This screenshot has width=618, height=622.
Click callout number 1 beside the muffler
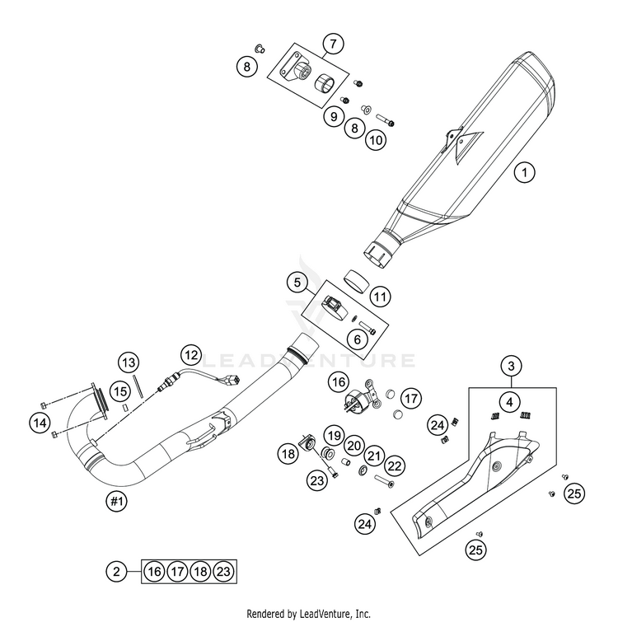tap(524, 173)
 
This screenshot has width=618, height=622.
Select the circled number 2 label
tap(116, 570)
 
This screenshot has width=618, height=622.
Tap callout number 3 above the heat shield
tap(511, 365)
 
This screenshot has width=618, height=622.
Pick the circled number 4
tap(511, 403)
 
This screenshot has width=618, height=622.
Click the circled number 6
tap(335, 338)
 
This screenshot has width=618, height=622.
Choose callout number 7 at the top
tap(333, 44)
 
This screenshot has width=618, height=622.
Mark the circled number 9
tap(334, 117)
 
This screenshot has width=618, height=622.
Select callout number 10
tap(376, 140)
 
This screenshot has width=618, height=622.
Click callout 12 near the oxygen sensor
tap(191, 356)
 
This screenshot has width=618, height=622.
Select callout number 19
tap(332, 435)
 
